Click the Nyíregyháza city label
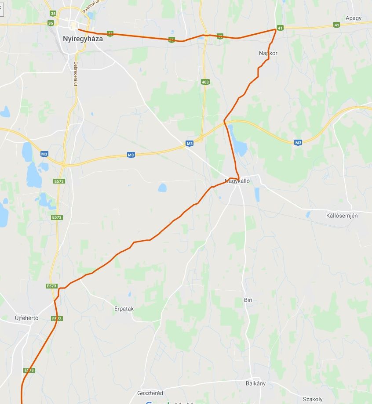[83, 39]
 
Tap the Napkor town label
[268, 53]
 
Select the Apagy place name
[354, 18]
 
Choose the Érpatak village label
[124, 309]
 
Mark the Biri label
[248, 300]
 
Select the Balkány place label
[255, 383]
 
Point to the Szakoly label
[313, 399]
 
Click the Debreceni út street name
[76, 71]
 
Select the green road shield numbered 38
[53, 14]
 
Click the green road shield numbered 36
[51, 23]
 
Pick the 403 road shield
[205, 82]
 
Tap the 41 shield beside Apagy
[336, 25]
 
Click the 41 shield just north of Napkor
[280, 29]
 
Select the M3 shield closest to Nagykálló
[190, 143]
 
